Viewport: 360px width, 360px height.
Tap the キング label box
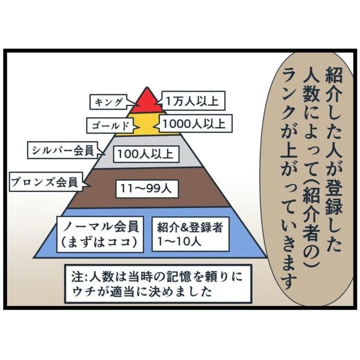tap(109, 102)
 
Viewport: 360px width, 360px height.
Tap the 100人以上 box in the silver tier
tap(145, 154)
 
